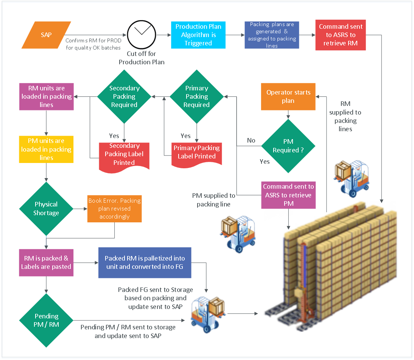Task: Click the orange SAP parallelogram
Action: coord(46,35)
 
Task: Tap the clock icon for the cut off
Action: coord(142,34)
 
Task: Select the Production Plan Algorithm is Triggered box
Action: coord(198,35)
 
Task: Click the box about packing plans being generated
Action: coord(272,35)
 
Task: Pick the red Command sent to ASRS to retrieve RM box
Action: coord(341,35)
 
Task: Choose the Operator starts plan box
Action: coord(288,96)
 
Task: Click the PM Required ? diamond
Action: coord(288,146)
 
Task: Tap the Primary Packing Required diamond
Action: coord(197,96)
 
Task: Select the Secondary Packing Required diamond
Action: coord(124,96)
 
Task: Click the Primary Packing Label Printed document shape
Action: coord(197,155)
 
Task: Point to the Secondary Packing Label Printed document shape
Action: coord(124,157)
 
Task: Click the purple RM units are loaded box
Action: coord(47,96)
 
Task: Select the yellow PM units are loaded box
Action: coord(46,149)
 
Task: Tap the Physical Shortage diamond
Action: coord(46,208)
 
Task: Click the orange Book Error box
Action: coord(115,208)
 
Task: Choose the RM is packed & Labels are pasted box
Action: coord(46,262)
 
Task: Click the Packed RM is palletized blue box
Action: coord(145,262)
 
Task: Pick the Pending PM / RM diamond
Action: coord(46,320)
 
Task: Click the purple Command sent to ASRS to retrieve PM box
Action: coord(288,195)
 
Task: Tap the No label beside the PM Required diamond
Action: coord(251,140)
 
